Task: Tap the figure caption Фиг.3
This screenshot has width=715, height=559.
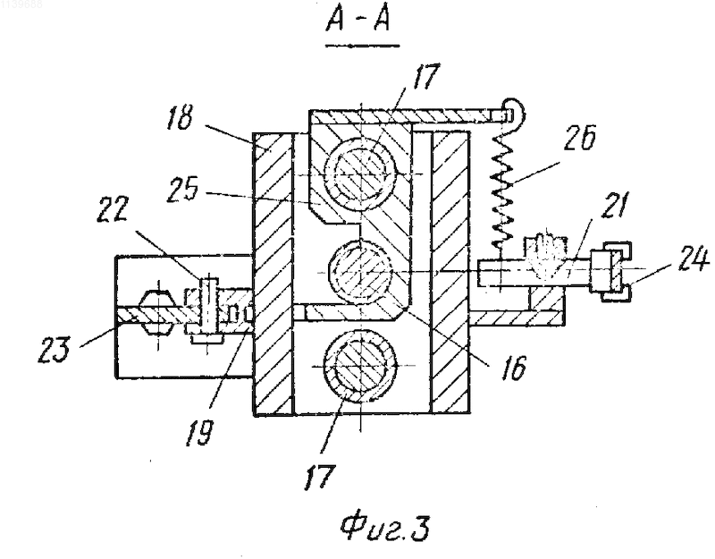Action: click(385, 529)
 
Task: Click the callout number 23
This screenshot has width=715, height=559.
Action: click(55, 350)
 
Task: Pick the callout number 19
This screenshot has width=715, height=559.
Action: click(198, 430)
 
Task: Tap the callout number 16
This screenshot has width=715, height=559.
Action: click(513, 367)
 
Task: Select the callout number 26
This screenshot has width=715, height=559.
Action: click(579, 136)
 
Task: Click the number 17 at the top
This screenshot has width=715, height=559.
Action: click(425, 76)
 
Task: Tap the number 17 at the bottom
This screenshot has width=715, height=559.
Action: click(320, 477)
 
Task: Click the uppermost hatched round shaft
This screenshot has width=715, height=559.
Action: click(360, 174)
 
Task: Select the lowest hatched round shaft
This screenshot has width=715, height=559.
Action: click(360, 366)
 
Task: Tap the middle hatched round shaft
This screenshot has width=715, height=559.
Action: click(361, 273)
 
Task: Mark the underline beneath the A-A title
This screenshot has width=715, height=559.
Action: click(363, 46)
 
